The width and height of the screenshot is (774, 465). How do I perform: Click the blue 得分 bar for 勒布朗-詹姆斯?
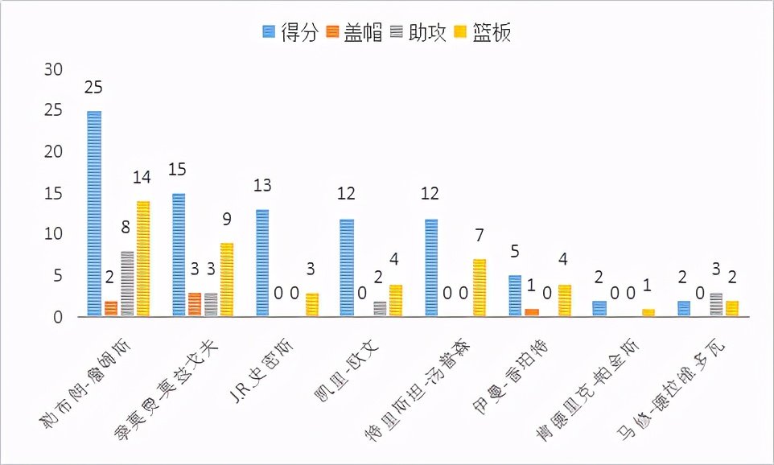coord(94,213)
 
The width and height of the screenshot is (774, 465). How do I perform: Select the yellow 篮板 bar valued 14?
coord(143,258)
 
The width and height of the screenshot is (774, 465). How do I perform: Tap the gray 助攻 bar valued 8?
coord(127,283)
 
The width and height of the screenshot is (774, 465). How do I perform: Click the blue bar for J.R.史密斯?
coord(262,262)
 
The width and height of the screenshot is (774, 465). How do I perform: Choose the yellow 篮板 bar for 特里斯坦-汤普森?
coord(479,287)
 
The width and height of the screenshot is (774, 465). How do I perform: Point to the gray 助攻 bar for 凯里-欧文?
coord(380,308)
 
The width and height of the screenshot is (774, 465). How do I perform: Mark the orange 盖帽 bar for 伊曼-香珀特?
coord(531,312)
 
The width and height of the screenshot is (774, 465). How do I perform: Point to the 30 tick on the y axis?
coord(52,70)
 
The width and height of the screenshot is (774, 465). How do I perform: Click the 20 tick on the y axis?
coord(52,153)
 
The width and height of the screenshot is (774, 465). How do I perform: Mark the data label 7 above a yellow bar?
coord(479,237)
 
